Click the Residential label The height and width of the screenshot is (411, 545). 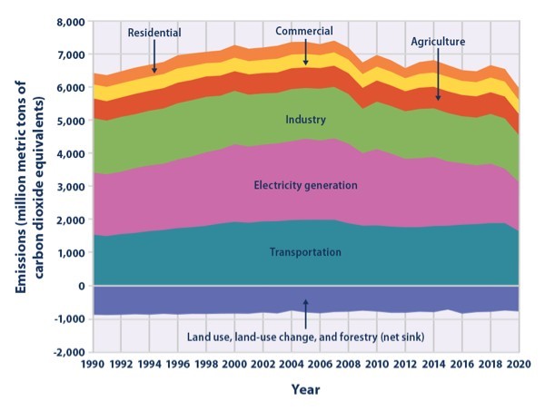[154, 32]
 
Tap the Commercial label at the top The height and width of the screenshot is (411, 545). [306, 31]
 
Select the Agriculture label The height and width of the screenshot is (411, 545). [439, 42]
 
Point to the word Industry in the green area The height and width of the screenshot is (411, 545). [306, 119]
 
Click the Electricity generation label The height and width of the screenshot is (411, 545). [306, 185]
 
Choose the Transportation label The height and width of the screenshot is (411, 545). [306, 251]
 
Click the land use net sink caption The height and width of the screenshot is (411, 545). [307, 337]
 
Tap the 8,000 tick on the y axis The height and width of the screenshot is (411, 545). [69, 21]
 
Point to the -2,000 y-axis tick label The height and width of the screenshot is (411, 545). [67, 352]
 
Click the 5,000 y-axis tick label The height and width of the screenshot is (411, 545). [69, 121]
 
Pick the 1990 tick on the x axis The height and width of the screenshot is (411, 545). [93, 365]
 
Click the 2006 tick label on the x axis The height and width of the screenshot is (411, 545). [321, 365]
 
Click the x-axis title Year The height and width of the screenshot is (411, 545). [305, 391]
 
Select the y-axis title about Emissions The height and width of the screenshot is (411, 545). [26, 186]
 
